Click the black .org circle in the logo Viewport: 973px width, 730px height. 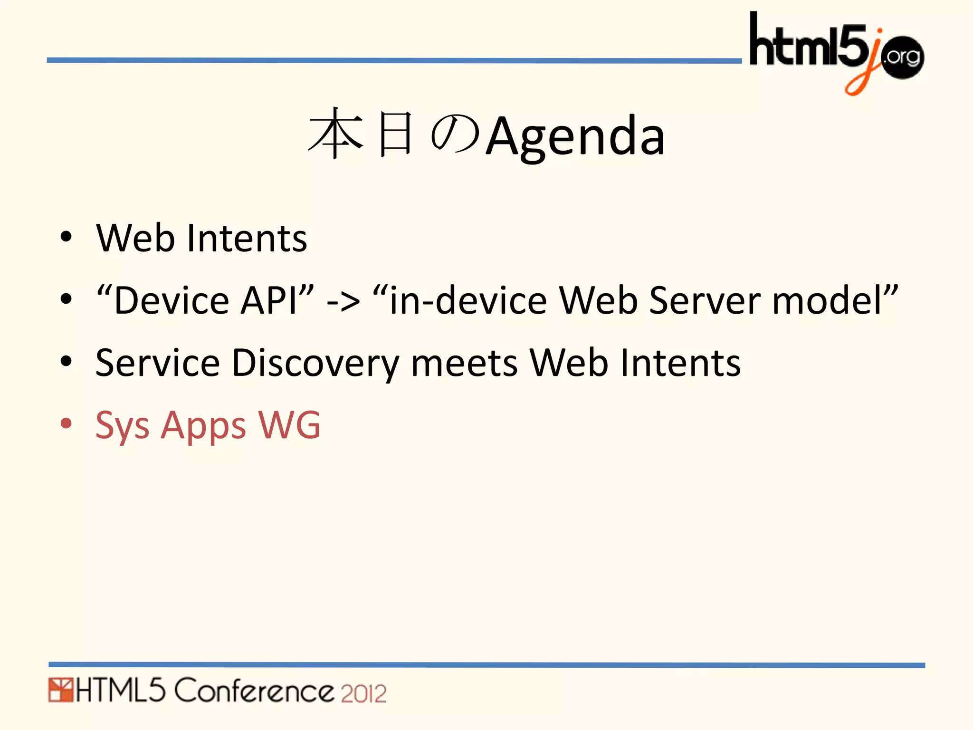pyautogui.click(x=901, y=58)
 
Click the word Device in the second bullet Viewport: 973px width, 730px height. pyautogui.click(x=172, y=300)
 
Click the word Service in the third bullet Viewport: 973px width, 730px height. pyautogui.click(x=157, y=363)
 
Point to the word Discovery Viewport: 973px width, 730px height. pyautogui.click(x=315, y=364)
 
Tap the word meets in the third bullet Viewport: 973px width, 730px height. pyautogui.click(x=464, y=364)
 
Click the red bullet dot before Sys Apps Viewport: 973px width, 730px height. pyautogui.click(x=66, y=423)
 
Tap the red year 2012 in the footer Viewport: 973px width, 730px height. pyautogui.click(x=363, y=693)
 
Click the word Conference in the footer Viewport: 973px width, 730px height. pyautogui.click(x=255, y=691)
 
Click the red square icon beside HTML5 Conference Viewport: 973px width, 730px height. pyautogui.click(x=60, y=691)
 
